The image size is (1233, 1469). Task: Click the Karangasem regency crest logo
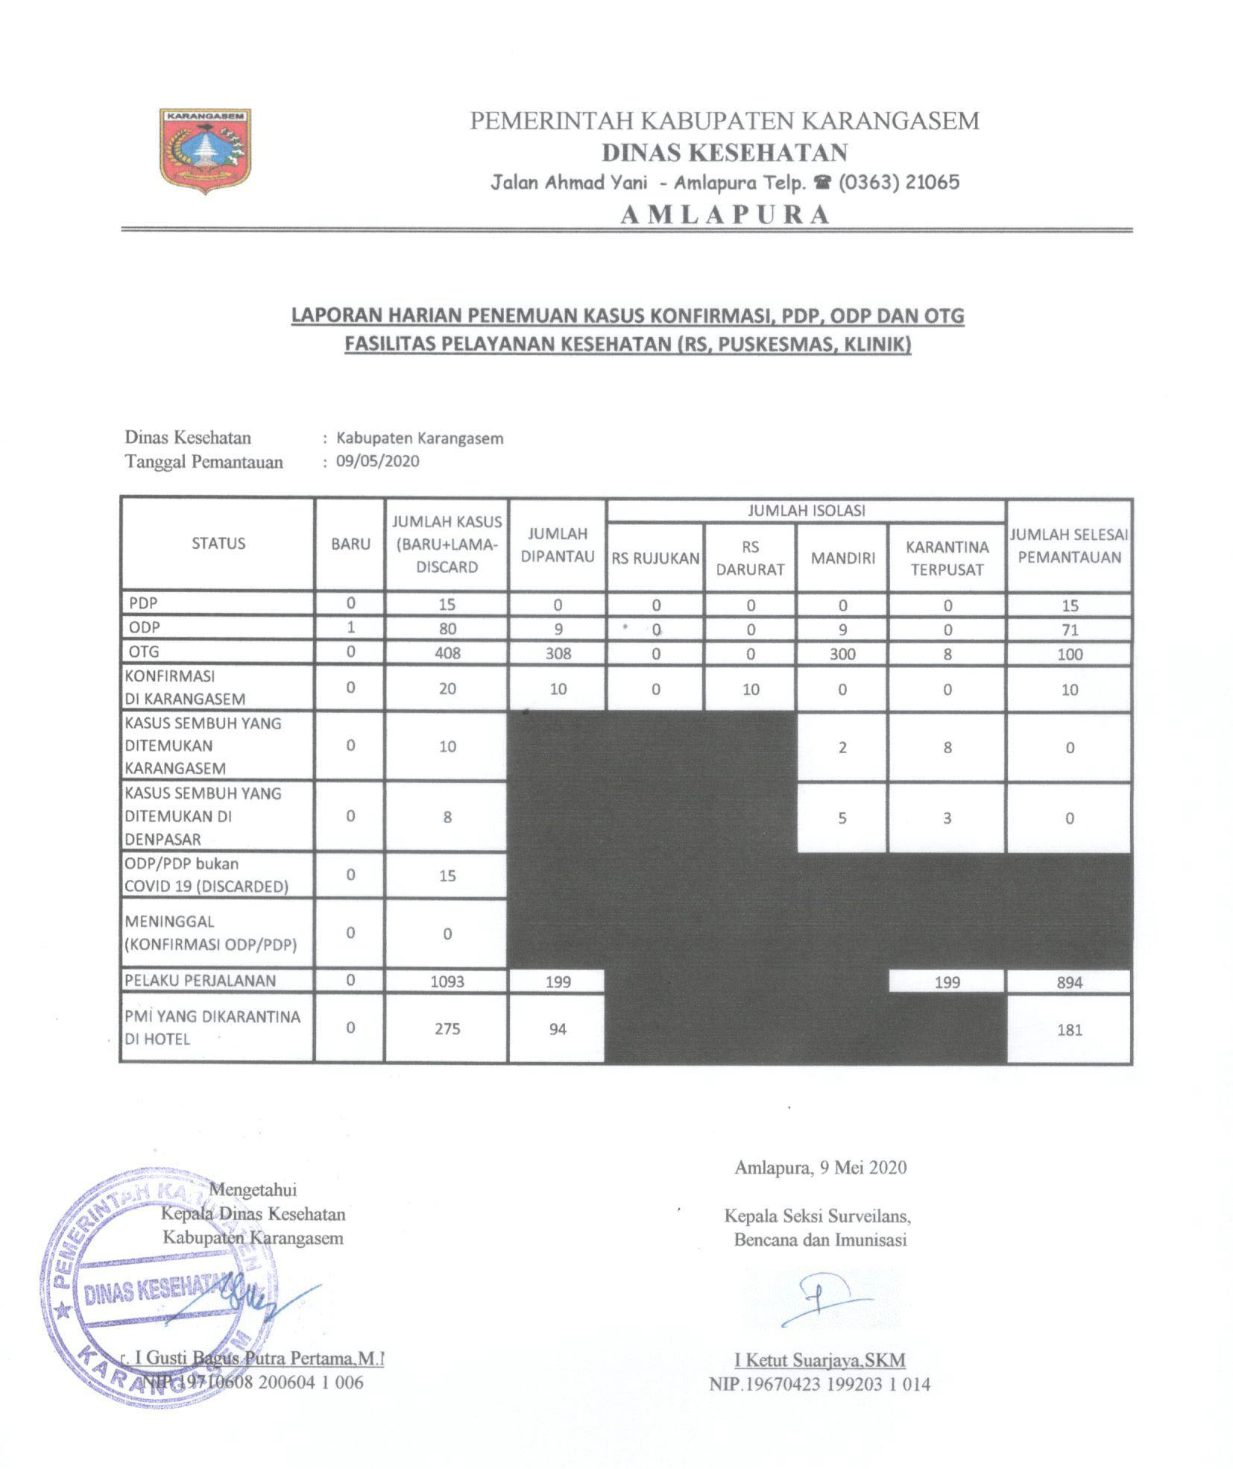(x=205, y=151)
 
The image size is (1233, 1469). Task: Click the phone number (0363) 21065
(x=898, y=182)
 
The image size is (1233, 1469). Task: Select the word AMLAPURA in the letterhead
(x=725, y=214)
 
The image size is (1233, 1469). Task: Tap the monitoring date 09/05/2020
(x=377, y=461)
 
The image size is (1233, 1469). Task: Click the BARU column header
(x=350, y=544)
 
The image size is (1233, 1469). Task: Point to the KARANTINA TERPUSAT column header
(x=946, y=558)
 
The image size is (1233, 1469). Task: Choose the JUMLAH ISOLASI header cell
(x=806, y=511)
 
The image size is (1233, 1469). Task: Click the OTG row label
(x=145, y=652)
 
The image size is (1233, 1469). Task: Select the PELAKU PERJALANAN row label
(x=201, y=981)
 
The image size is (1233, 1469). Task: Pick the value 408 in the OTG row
(x=447, y=653)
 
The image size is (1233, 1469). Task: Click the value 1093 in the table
(x=447, y=981)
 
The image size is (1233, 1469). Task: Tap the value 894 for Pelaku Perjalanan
(x=1068, y=982)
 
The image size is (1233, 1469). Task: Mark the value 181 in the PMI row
(x=1068, y=1030)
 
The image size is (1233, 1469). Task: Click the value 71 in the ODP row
(x=1069, y=630)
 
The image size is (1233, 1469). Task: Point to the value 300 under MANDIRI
(x=842, y=654)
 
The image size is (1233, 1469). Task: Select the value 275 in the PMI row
(x=447, y=1028)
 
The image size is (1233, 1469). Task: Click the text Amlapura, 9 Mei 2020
(x=820, y=1168)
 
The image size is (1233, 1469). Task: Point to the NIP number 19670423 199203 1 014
(x=819, y=1385)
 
